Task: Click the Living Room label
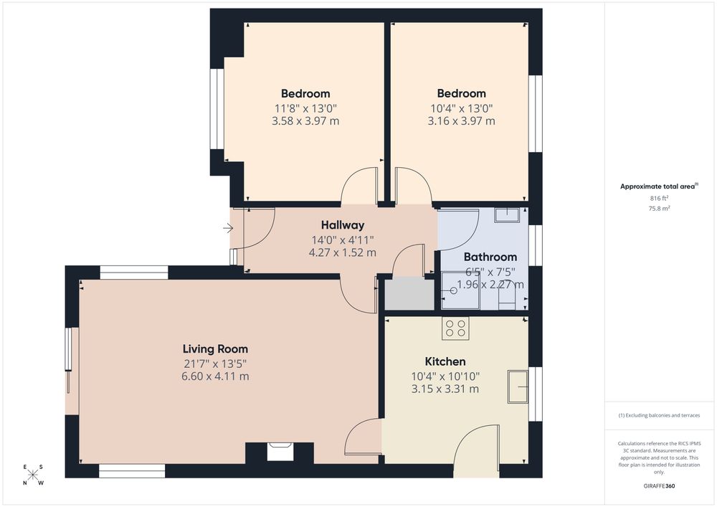pos(215,349)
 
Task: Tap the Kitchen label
pos(445,361)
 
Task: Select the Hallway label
pos(343,225)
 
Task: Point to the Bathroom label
pos(490,257)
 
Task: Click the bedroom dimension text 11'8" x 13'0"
pos(305,108)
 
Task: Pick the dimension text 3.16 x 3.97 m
pos(461,121)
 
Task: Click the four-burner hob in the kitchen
pos(455,328)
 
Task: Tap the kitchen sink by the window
pos(518,387)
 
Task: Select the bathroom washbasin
pos(507,215)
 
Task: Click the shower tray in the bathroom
pos(460,290)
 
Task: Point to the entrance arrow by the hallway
pos(228,227)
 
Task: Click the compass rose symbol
pos(33,475)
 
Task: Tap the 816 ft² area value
pos(659,198)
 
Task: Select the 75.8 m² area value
pos(659,208)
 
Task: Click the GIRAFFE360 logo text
pos(659,486)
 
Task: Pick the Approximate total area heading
pos(659,186)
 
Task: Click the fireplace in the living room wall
pos(280,452)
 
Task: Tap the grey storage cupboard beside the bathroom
pos(409,294)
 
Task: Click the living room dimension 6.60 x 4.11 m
pos(215,376)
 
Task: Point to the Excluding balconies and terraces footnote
pos(659,415)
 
